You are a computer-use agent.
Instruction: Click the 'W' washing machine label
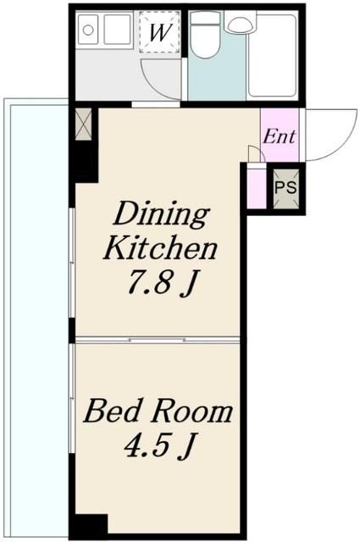[160, 32]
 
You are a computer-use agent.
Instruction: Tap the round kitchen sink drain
[88, 30]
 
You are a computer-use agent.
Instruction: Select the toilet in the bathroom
[205, 35]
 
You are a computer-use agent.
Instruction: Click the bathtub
[273, 54]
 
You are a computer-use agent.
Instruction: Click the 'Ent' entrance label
[280, 136]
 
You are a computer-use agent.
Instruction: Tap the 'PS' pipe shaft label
[285, 187]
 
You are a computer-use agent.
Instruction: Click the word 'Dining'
[162, 215]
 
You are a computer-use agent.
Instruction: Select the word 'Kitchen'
[161, 248]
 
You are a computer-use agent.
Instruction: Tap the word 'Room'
[193, 412]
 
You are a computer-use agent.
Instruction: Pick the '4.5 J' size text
[159, 445]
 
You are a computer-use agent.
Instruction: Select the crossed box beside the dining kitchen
[83, 124]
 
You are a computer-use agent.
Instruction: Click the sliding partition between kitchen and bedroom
[158, 340]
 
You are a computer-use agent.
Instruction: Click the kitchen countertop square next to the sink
[118, 30]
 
